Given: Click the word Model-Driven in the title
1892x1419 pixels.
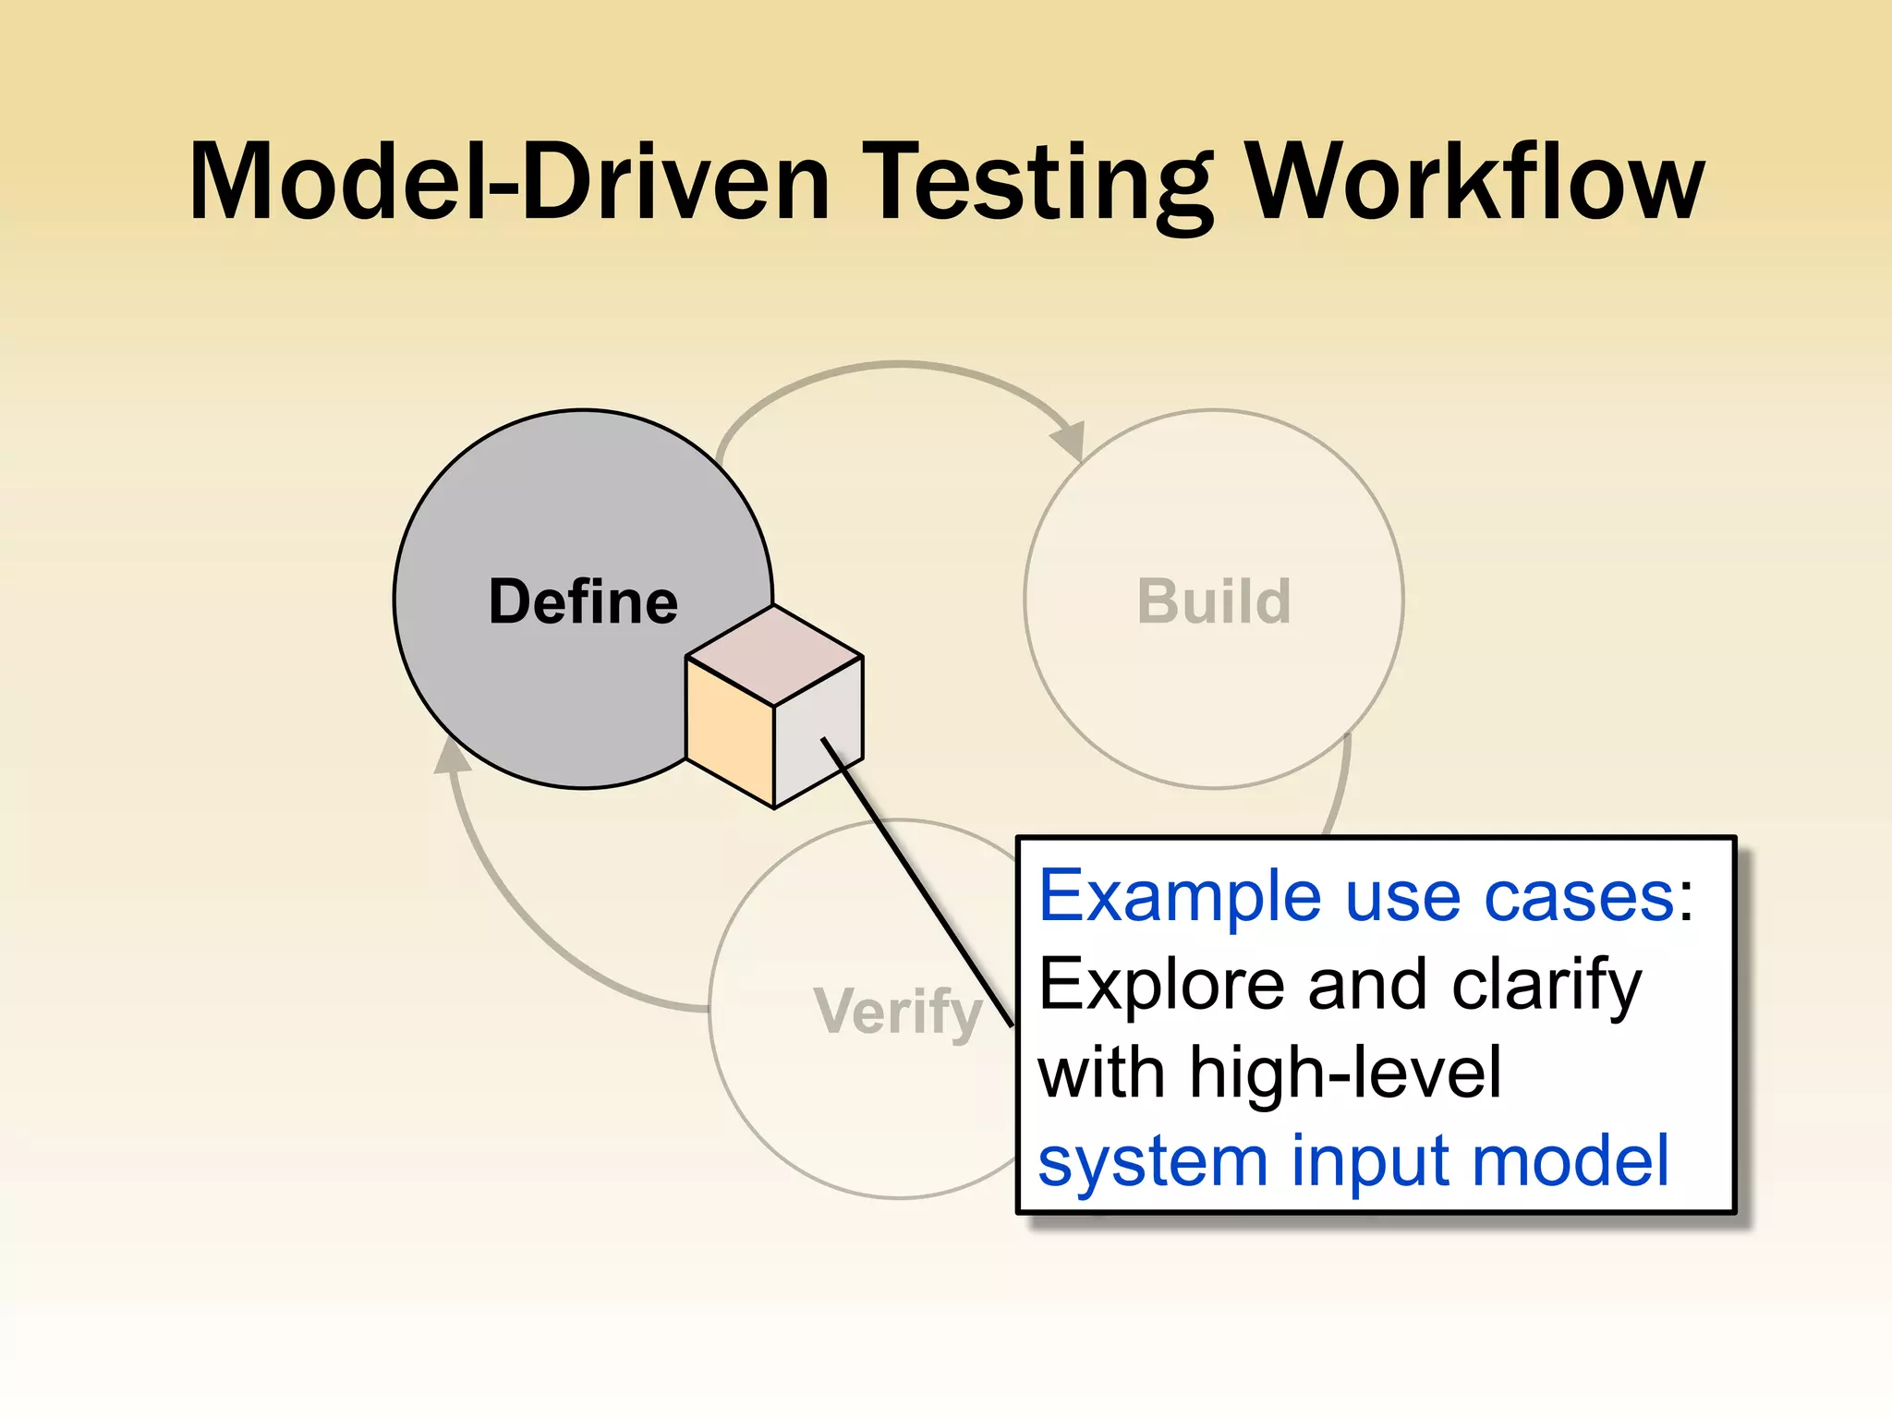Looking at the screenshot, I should [508, 182].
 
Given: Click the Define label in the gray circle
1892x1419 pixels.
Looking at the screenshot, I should [583, 601].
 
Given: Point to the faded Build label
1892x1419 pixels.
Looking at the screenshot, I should [1213, 601].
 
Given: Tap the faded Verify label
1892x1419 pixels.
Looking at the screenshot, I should [897, 1011].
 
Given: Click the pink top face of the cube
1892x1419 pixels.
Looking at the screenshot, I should [774, 656].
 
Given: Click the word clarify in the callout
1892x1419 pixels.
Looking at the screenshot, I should [1546, 985].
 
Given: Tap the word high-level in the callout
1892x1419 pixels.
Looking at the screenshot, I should [1345, 1073].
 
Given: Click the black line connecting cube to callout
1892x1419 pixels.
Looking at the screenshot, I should [915, 878].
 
